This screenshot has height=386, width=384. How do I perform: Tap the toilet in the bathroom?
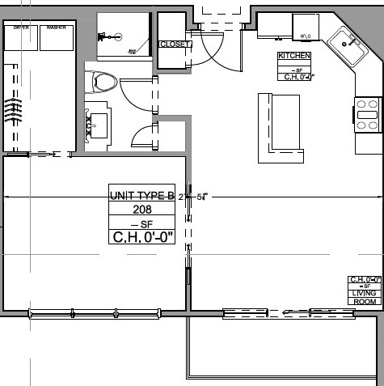click(105, 81)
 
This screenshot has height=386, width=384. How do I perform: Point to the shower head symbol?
click(106, 36)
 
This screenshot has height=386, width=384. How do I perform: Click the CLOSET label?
click(174, 45)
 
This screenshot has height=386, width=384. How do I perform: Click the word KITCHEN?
click(294, 56)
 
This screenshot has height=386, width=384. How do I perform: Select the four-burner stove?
click(368, 114)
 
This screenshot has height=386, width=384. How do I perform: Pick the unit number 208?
click(142, 209)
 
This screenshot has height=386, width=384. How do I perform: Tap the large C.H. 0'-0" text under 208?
click(142, 237)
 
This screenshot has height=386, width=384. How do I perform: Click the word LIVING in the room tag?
click(365, 294)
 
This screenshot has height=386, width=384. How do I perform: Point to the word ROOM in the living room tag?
click(365, 301)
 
